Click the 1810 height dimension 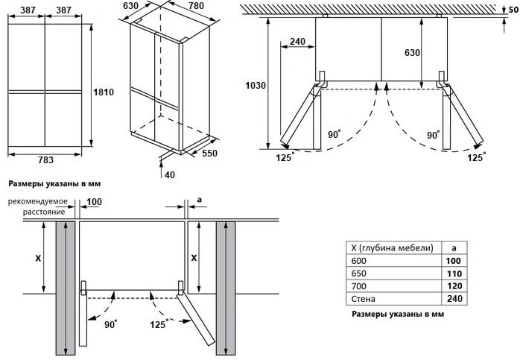coord(104,92)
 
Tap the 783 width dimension coord(45,160)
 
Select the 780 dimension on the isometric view coord(197,6)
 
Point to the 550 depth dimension coord(209,153)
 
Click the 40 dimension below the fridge coord(170,174)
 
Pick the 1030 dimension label coord(256,86)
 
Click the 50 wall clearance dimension coord(514,10)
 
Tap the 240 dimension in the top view coord(297,42)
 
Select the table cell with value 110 coord(454,274)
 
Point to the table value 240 coord(454,299)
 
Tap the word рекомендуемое coord(38,201)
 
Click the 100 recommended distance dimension coord(94,202)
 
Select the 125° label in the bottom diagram coord(158,323)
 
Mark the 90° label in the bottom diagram coord(110,323)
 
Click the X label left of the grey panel coord(38,258)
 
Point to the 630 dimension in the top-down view coord(412,52)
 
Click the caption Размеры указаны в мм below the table coord(398,314)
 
